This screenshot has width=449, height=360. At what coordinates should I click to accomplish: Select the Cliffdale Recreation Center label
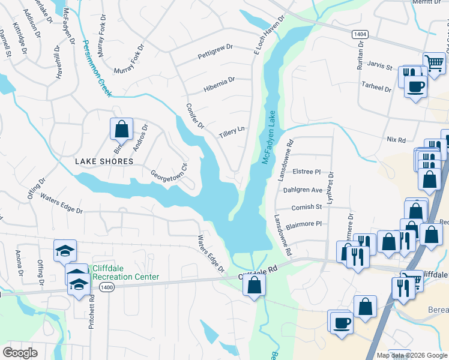click(x=125, y=273)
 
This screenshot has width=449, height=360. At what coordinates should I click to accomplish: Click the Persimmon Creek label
click(x=97, y=68)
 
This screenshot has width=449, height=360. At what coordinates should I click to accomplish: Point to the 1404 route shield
click(x=360, y=36)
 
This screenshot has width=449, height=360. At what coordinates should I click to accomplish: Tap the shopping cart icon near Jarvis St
click(x=434, y=62)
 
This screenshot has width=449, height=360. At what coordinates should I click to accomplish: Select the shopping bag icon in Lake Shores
click(x=121, y=128)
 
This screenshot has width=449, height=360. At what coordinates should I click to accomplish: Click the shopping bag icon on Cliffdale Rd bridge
click(x=255, y=284)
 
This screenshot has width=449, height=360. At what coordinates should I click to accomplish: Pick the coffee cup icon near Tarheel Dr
click(x=415, y=86)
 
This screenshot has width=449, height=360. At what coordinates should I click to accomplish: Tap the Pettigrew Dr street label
click(x=215, y=56)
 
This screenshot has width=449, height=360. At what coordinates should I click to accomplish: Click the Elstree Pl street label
click(x=307, y=172)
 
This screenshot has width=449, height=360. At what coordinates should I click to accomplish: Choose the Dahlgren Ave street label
click(x=303, y=190)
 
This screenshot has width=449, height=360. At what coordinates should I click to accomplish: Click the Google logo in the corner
click(x=20, y=352)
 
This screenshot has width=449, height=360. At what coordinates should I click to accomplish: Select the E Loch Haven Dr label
click(x=268, y=37)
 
